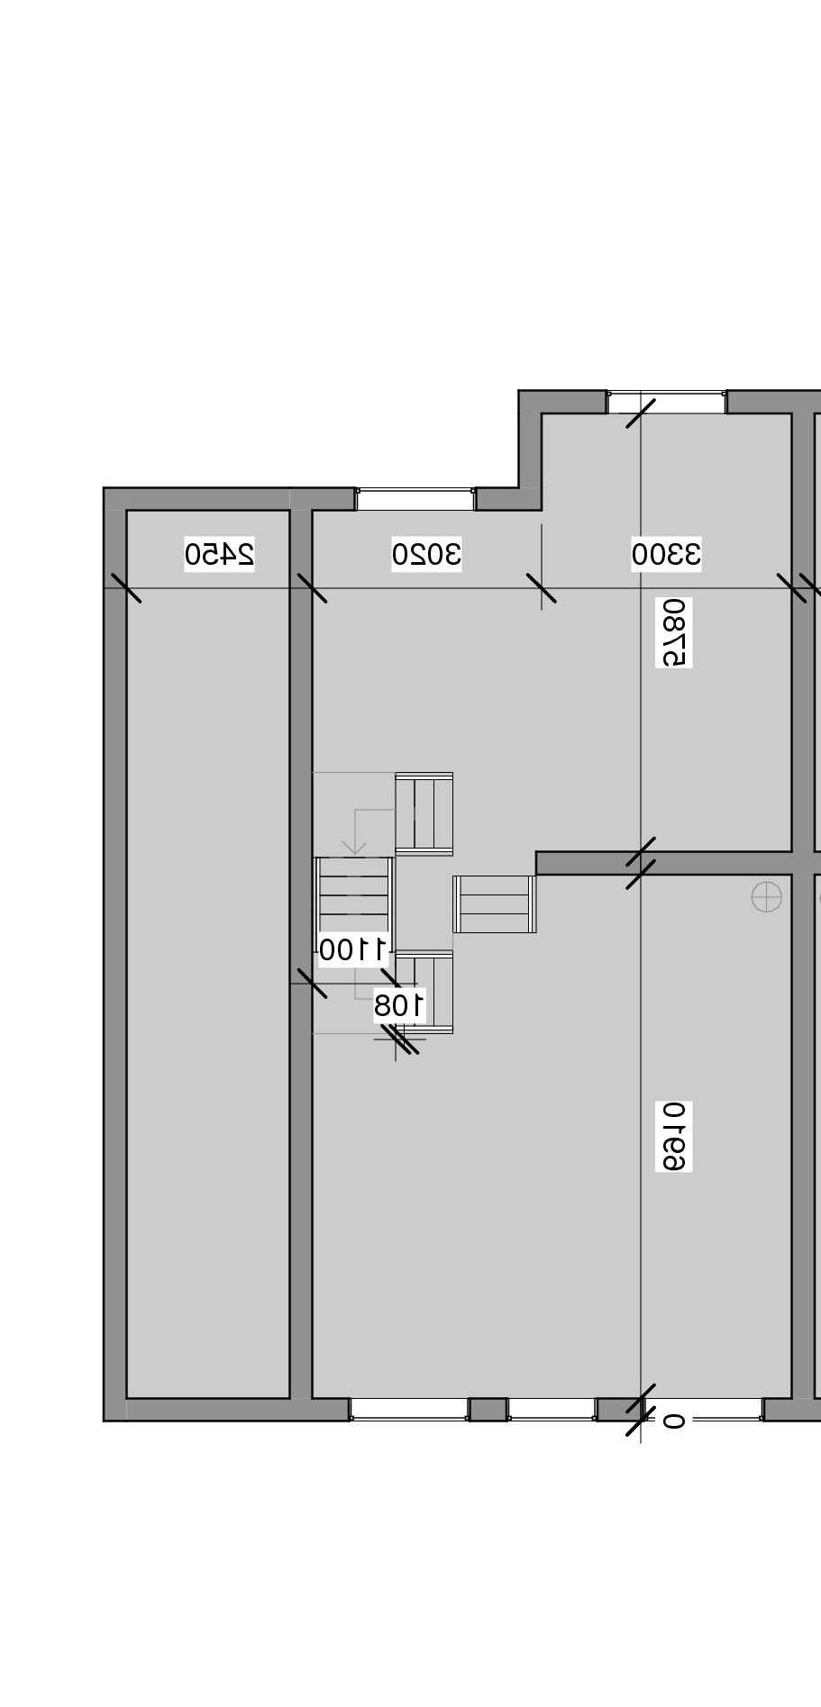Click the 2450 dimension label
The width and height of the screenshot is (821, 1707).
pos(219,553)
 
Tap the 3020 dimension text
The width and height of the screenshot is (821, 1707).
pos(426,553)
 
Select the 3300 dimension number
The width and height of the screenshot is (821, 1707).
pos(666,553)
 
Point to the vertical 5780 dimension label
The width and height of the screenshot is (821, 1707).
pos(674,632)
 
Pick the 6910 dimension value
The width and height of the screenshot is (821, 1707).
pos(674,1136)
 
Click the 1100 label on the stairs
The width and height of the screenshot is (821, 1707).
pos(353,949)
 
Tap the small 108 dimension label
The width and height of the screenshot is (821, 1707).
pos(399,1005)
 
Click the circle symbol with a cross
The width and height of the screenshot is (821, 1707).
pos(766,897)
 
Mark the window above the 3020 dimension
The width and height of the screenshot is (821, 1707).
pos(415,499)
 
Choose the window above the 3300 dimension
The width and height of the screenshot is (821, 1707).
pos(666,402)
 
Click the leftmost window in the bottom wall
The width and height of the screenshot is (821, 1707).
pos(409,1410)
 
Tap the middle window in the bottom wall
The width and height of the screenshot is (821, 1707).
pos(552,1410)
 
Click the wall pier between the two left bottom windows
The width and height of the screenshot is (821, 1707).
pos(488,1410)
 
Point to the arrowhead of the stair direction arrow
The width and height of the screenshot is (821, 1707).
pos(354,849)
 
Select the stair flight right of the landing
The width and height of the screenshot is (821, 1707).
pos(495,903)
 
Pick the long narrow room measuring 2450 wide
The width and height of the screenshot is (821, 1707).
pos(208,955)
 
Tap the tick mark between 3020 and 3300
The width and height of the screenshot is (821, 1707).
pos(541,588)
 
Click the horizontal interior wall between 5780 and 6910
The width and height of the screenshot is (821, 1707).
pos(664,863)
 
